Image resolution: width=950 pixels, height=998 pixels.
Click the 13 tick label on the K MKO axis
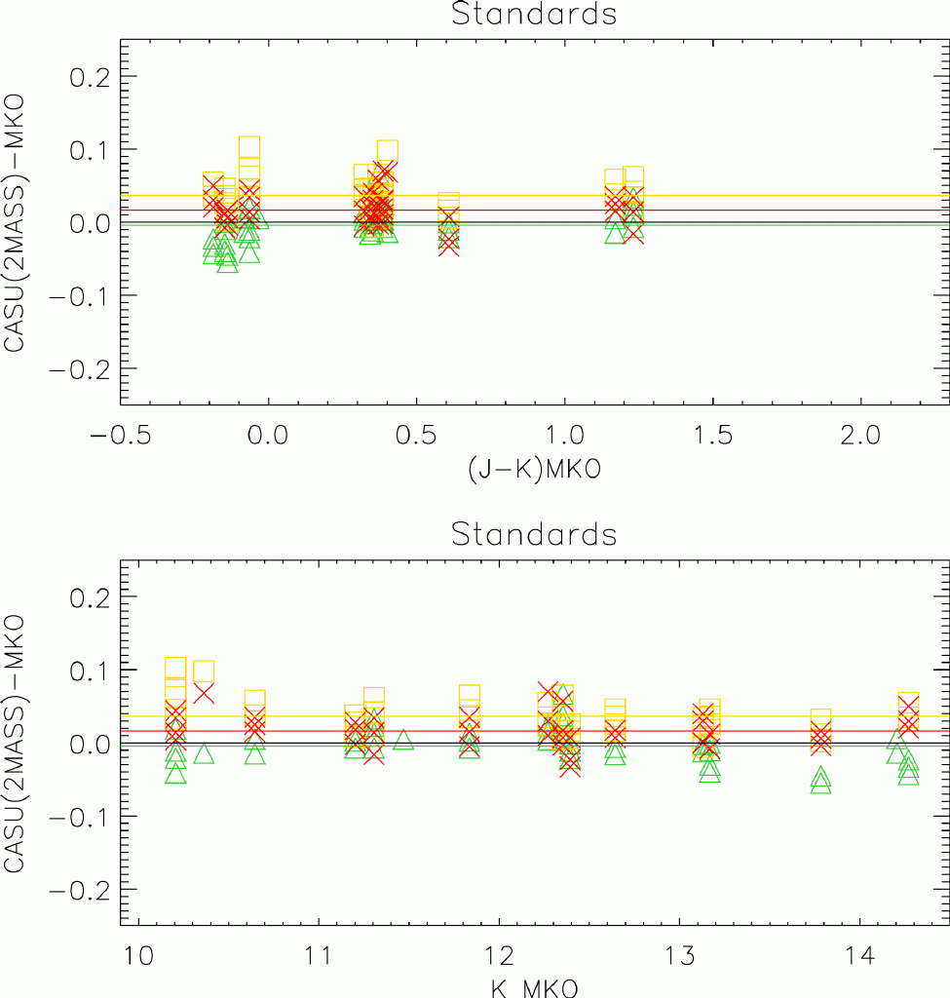coord(679,951)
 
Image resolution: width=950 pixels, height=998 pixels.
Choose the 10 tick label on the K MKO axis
coord(138,951)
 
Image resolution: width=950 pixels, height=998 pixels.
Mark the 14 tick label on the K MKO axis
coord(859,951)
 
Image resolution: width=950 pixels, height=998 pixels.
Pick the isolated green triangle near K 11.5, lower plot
coord(403,741)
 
